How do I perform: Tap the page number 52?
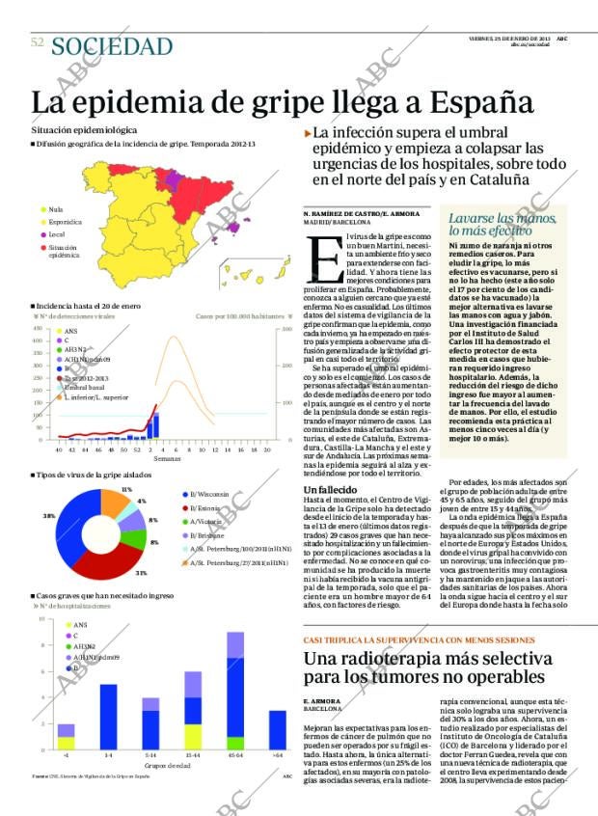[x=37, y=42]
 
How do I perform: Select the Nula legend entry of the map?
[x=55, y=209]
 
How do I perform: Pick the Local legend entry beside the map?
[x=56, y=234]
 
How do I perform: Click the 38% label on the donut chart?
[x=49, y=517]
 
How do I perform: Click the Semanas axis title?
[x=166, y=459]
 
